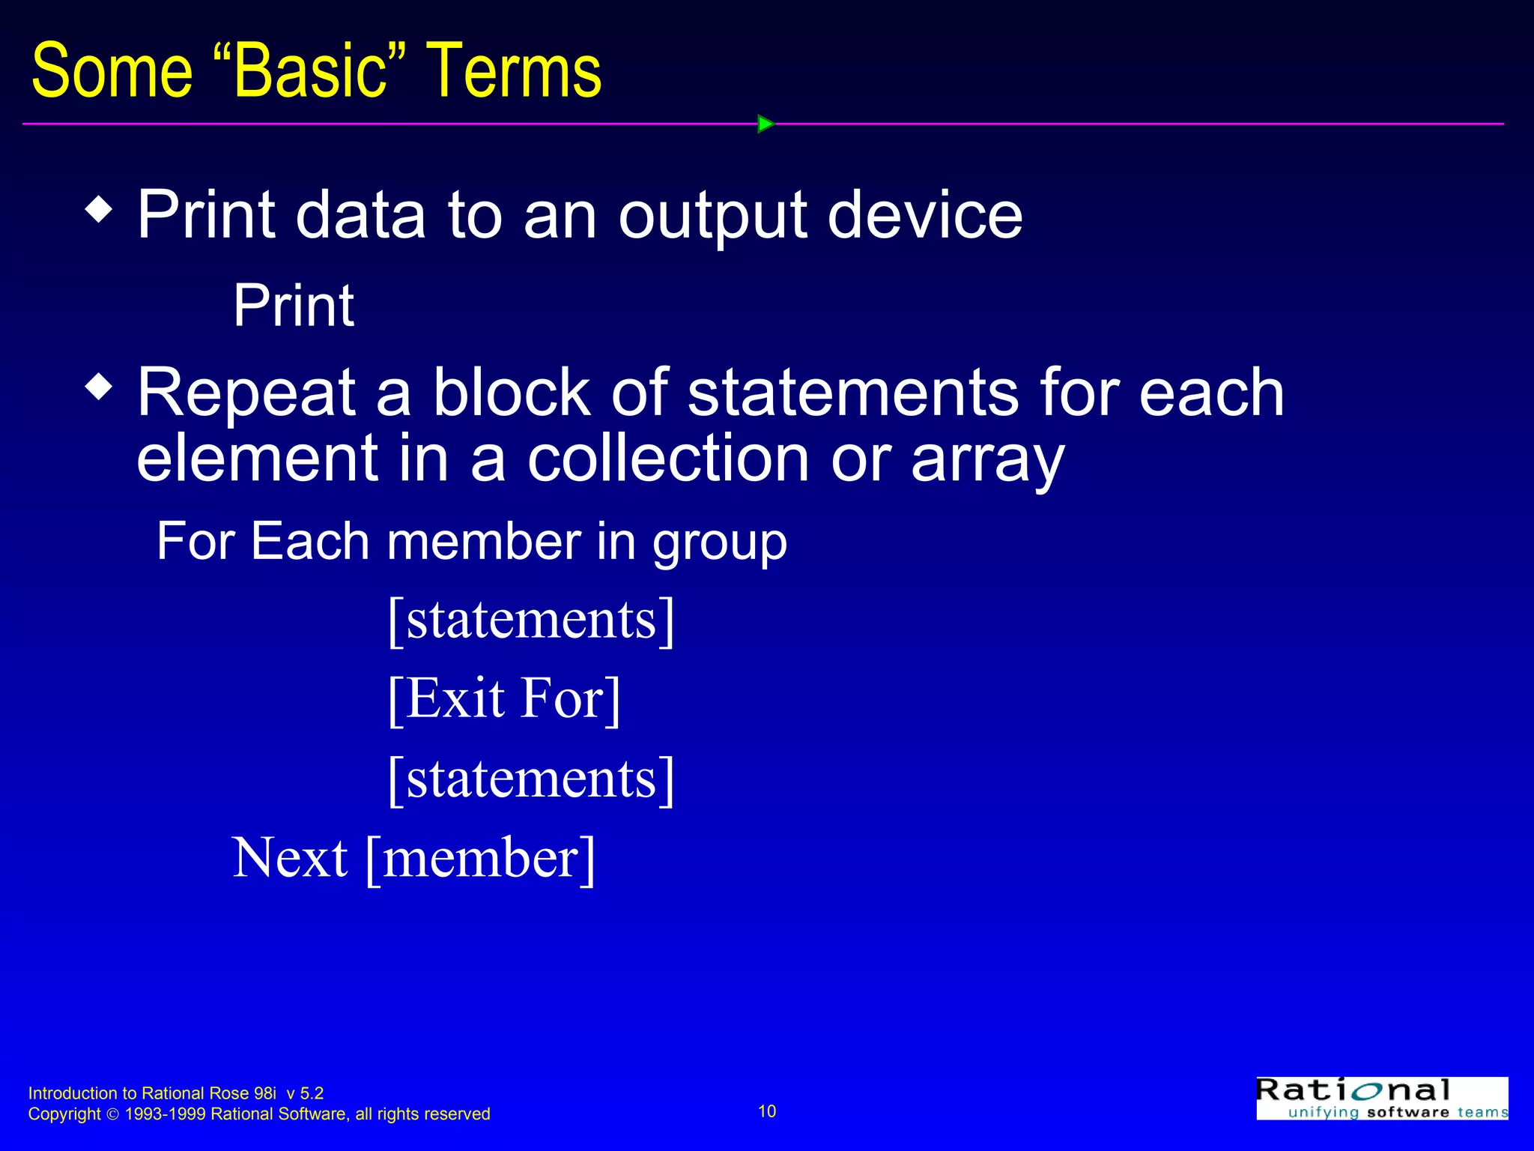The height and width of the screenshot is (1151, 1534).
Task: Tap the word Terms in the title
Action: point(514,71)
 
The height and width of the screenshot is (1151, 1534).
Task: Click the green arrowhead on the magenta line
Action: point(765,124)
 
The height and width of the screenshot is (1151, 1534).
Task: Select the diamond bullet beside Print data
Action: point(99,209)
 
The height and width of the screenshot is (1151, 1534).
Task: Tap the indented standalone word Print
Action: point(293,306)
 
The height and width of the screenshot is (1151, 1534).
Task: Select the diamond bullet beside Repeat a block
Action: point(99,387)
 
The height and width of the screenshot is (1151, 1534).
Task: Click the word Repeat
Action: point(246,393)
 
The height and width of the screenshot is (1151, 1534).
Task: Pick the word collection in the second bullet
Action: point(669,459)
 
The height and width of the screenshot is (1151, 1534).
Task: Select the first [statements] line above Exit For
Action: point(531,620)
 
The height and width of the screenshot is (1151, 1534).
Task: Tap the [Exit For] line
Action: point(504,698)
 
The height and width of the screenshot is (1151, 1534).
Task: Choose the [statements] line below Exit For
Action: point(531,779)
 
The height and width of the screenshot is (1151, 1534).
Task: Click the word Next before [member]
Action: point(290,858)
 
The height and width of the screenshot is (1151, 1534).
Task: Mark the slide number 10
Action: point(767,1111)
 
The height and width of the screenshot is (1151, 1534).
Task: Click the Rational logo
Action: point(1381,1099)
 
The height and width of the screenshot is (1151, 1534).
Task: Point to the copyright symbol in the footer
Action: point(113,1114)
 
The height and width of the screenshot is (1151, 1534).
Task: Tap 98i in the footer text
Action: point(265,1093)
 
